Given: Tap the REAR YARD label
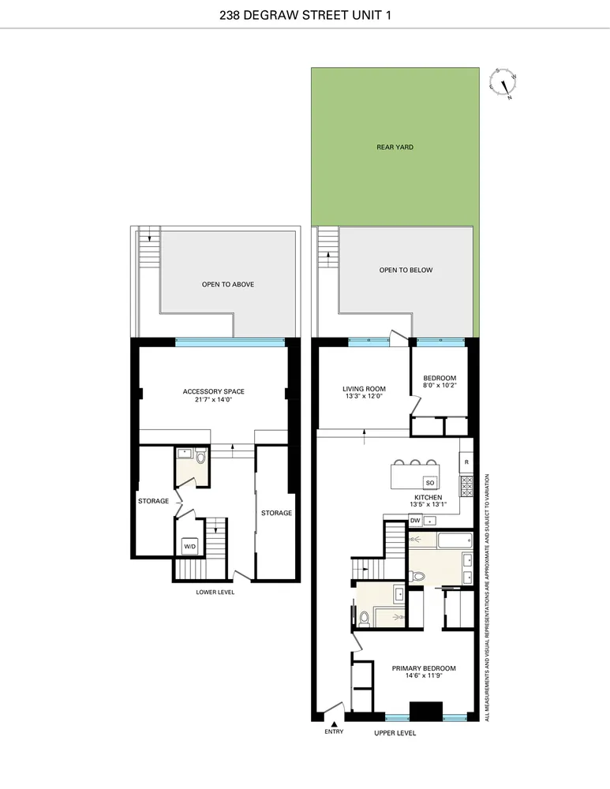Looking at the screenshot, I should coord(395,147).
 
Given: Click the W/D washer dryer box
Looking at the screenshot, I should coord(190,546).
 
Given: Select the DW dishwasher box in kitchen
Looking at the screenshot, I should coord(414,520).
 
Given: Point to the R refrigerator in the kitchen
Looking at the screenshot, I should coord(466,462).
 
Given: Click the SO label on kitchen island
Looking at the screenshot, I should coord(430,482).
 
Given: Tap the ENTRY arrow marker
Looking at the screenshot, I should coord(335,724).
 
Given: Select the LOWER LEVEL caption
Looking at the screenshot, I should coord(215,591).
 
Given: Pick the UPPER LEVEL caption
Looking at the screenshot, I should coord(395,733).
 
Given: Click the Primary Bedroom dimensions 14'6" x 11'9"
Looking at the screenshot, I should coord(424,677).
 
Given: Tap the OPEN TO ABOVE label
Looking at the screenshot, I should coord(227,284).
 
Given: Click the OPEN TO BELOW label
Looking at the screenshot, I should coord(406,270).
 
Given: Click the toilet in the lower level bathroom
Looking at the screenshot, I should coord(200,458).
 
